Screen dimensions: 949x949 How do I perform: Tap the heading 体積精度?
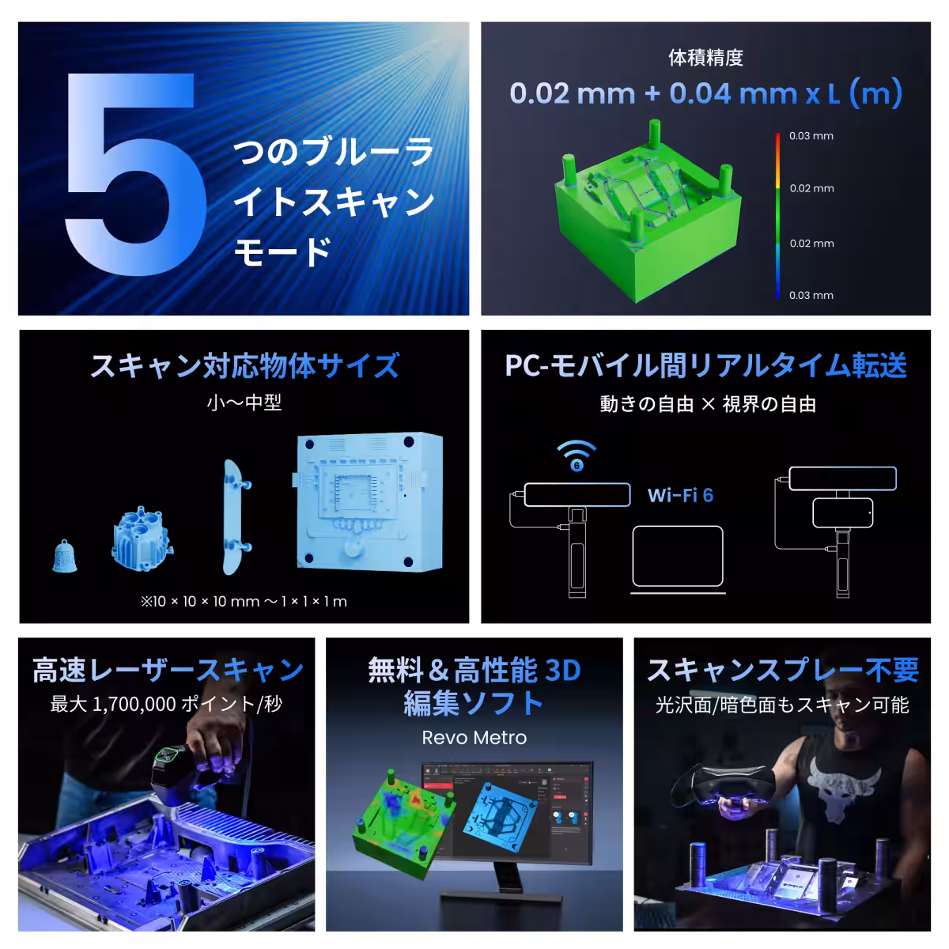(x=705, y=58)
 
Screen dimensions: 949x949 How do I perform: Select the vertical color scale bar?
(x=778, y=215)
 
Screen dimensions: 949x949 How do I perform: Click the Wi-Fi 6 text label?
(x=680, y=495)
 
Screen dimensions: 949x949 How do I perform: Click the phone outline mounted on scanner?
(x=842, y=512)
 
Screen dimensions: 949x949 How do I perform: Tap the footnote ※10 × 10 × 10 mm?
(x=244, y=601)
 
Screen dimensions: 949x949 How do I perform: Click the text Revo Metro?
(x=474, y=737)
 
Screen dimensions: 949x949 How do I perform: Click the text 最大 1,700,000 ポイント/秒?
(x=166, y=704)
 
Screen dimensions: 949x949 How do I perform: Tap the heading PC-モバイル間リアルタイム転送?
(x=705, y=366)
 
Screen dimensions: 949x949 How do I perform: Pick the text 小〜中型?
(x=244, y=403)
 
